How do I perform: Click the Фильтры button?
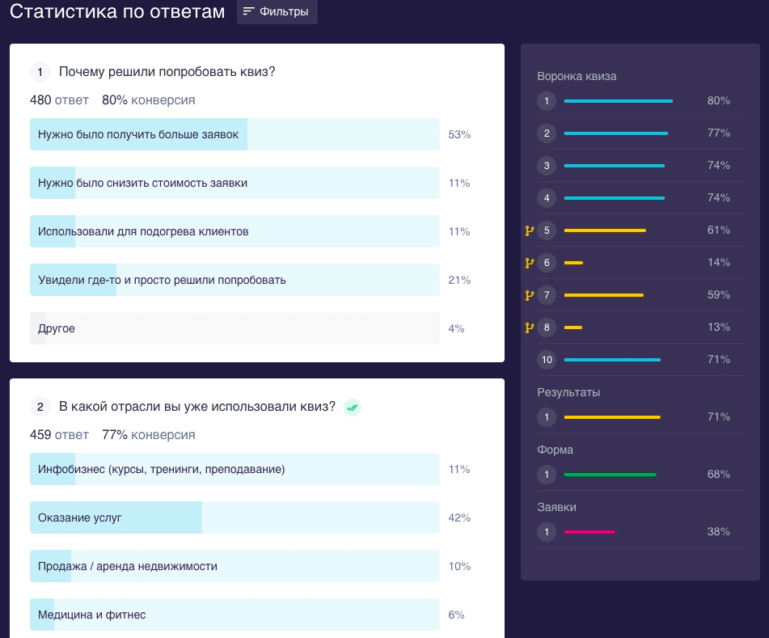pyautogui.click(x=277, y=12)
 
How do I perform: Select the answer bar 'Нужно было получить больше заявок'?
pyautogui.click(x=235, y=134)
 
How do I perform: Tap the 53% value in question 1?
pyautogui.click(x=459, y=134)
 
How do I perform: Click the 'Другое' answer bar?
pyautogui.click(x=235, y=328)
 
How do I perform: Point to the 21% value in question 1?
pyautogui.click(x=459, y=280)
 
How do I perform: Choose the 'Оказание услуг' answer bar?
pyautogui.click(x=235, y=518)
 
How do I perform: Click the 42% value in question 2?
pyautogui.click(x=459, y=518)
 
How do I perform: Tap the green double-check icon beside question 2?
pyautogui.click(x=352, y=408)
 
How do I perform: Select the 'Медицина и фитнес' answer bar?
pyautogui.click(x=235, y=615)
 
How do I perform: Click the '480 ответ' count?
pyautogui.click(x=59, y=100)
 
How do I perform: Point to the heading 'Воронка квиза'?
pyautogui.click(x=577, y=77)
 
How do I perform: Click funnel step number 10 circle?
pyautogui.click(x=547, y=360)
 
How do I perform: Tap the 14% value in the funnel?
pyautogui.click(x=718, y=263)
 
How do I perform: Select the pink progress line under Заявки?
pyautogui.click(x=589, y=532)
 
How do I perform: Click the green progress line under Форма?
pyautogui.click(x=610, y=475)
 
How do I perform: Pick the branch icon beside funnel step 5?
pyautogui.click(x=530, y=230)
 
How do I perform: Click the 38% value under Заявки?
pyautogui.click(x=718, y=532)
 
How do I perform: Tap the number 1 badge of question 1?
pyautogui.click(x=40, y=72)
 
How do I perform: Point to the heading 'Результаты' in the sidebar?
pyautogui.click(x=568, y=392)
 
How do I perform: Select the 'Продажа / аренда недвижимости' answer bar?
pyautogui.click(x=235, y=566)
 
